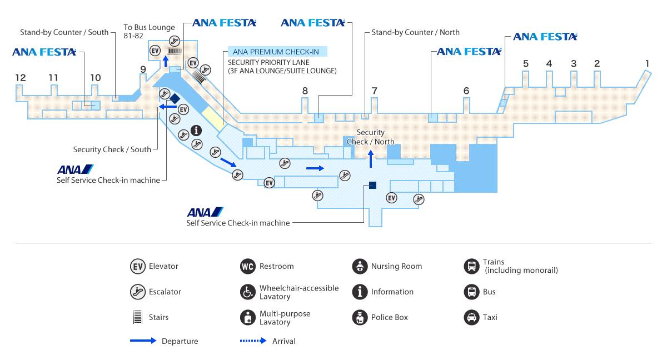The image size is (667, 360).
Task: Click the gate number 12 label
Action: [21, 78]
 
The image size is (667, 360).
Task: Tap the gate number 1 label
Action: [647, 63]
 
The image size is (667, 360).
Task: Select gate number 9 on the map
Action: [143, 69]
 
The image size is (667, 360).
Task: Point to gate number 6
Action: [466, 91]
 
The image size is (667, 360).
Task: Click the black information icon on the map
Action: [196, 131]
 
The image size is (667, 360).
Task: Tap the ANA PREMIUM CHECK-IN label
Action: [276, 52]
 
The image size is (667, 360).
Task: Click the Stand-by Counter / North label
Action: [415, 32]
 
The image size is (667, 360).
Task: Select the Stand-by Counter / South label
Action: [64, 32]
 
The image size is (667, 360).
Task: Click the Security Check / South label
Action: [112, 149]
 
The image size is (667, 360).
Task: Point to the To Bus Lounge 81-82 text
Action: [149, 31]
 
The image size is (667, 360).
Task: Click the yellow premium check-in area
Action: [214, 119]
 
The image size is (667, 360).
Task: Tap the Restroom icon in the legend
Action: [248, 266]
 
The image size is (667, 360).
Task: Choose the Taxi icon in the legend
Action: [472, 317]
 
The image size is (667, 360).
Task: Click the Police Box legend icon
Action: [360, 317]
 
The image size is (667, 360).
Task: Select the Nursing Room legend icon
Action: [360, 266]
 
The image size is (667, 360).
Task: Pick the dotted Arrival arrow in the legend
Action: [253, 341]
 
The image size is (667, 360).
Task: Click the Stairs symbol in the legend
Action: [138, 317]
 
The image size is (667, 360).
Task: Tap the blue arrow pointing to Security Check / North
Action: [371, 159]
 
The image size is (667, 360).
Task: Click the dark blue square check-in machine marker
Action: [372, 186]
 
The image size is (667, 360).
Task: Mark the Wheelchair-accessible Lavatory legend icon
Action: [248, 292]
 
